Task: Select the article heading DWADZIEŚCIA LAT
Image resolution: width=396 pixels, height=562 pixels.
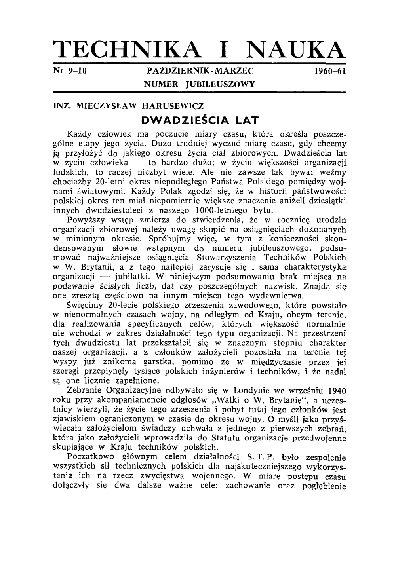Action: [x=200, y=120]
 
